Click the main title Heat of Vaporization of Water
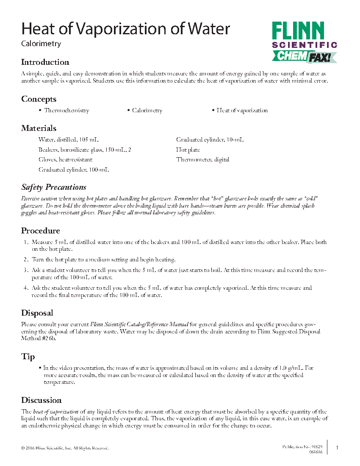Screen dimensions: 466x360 coord(126,29)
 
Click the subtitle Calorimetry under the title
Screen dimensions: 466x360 coord(41,44)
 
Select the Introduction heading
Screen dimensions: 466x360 coord(45,62)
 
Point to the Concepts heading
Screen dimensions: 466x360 coord(39,99)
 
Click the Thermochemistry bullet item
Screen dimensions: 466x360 coord(66,111)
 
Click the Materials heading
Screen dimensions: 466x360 coord(39,128)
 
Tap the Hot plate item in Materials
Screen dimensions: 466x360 coord(188,150)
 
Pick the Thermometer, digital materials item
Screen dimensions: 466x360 coord(203,160)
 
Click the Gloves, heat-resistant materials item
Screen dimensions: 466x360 coord(65,160)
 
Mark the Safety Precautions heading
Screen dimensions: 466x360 coord(54,187)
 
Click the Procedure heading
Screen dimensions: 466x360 coord(41,231)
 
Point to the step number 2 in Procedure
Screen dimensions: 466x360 coord(26,260)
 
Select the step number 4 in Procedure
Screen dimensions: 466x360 coord(26,288)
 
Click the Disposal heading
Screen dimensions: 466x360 coord(37,313)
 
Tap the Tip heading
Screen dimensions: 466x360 coord(28,357)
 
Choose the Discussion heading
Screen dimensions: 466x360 coord(42,400)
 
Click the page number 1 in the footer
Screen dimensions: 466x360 coord(337,447)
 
